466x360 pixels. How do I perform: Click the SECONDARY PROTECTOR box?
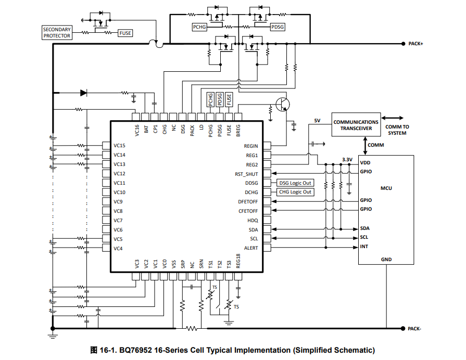(x=57, y=33)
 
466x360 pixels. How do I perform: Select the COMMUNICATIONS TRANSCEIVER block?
(x=356, y=125)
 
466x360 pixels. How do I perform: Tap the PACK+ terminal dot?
(x=404, y=44)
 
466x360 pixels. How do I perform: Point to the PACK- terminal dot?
(x=402, y=328)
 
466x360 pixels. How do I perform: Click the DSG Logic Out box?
(x=295, y=183)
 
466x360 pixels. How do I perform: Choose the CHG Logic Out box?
(x=295, y=192)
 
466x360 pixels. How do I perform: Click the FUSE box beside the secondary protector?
(x=125, y=33)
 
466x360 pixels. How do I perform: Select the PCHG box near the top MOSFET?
(x=199, y=27)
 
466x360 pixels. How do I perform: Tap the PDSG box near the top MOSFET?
(x=278, y=27)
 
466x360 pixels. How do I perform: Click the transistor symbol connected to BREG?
(x=282, y=104)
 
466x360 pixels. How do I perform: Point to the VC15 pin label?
(x=119, y=146)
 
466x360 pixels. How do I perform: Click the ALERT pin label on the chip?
(x=251, y=248)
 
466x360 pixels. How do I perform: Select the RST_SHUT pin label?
(x=246, y=174)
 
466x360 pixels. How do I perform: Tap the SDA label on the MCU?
(x=364, y=228)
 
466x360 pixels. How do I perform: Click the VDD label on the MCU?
(x=366, y=163)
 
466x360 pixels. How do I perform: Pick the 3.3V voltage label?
(x=347, y=160)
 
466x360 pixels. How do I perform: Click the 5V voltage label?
(x=317, y=121)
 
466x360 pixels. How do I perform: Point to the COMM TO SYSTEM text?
(x=397, y=130)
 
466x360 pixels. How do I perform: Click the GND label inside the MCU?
(x=386, y=260)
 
